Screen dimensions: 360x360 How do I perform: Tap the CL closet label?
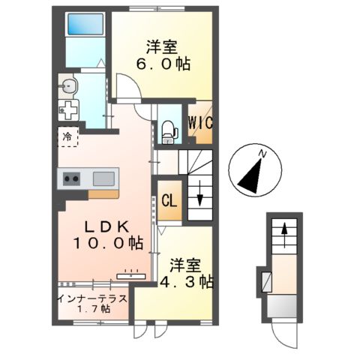coord(169,201)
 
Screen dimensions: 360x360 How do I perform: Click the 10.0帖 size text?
coord(108,243)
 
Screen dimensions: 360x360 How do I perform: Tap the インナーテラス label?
coord(92,298)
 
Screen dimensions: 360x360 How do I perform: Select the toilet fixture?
coord(168,131)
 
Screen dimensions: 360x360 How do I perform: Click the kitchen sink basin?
coord(103,179)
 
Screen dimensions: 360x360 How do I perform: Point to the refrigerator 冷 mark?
coord(67,138)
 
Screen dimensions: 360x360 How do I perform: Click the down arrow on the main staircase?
coord(200,198)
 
